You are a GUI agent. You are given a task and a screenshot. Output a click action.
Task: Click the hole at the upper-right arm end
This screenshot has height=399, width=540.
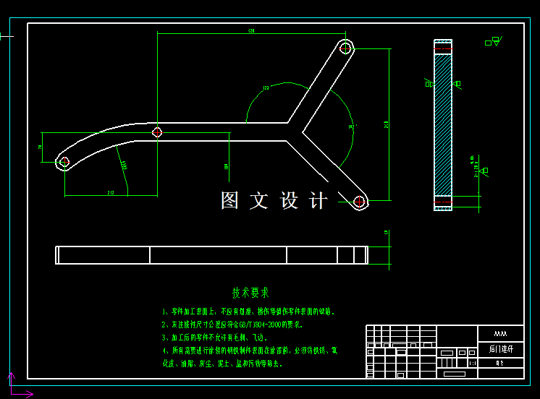tap(346, 48)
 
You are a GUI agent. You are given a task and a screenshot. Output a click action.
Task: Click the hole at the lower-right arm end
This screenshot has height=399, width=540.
tap(359, 202)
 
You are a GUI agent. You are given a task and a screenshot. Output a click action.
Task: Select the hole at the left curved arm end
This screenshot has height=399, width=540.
tap(64, 161)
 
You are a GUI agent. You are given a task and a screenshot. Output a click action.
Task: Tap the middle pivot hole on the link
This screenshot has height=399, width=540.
tap(157, 132)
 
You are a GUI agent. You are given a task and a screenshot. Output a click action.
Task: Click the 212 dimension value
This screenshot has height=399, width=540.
tap(111, 192)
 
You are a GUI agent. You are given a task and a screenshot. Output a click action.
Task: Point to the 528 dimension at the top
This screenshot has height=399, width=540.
tap(251, 31)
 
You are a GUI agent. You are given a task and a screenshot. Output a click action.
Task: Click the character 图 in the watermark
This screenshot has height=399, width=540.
tap(229, 201)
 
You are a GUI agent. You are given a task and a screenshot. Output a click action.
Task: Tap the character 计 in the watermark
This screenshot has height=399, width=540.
tap(319, 201)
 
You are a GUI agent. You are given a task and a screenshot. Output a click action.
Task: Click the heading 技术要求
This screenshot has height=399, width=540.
tap(250, 293)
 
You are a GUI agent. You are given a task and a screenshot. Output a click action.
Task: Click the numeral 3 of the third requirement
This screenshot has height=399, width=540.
tap(165, 338)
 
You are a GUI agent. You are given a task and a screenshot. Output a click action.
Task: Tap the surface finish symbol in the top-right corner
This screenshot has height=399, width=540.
tap(492, 41)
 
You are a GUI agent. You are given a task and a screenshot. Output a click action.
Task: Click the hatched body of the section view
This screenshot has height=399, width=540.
tap(442, 123)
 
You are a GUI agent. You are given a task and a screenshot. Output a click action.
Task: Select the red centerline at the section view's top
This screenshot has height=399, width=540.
tap(442, 45)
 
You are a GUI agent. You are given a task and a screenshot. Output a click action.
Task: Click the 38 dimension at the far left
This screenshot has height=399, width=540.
tap(41, 147)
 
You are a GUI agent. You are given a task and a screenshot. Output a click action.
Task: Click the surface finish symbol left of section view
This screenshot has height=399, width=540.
tap(429, 84)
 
